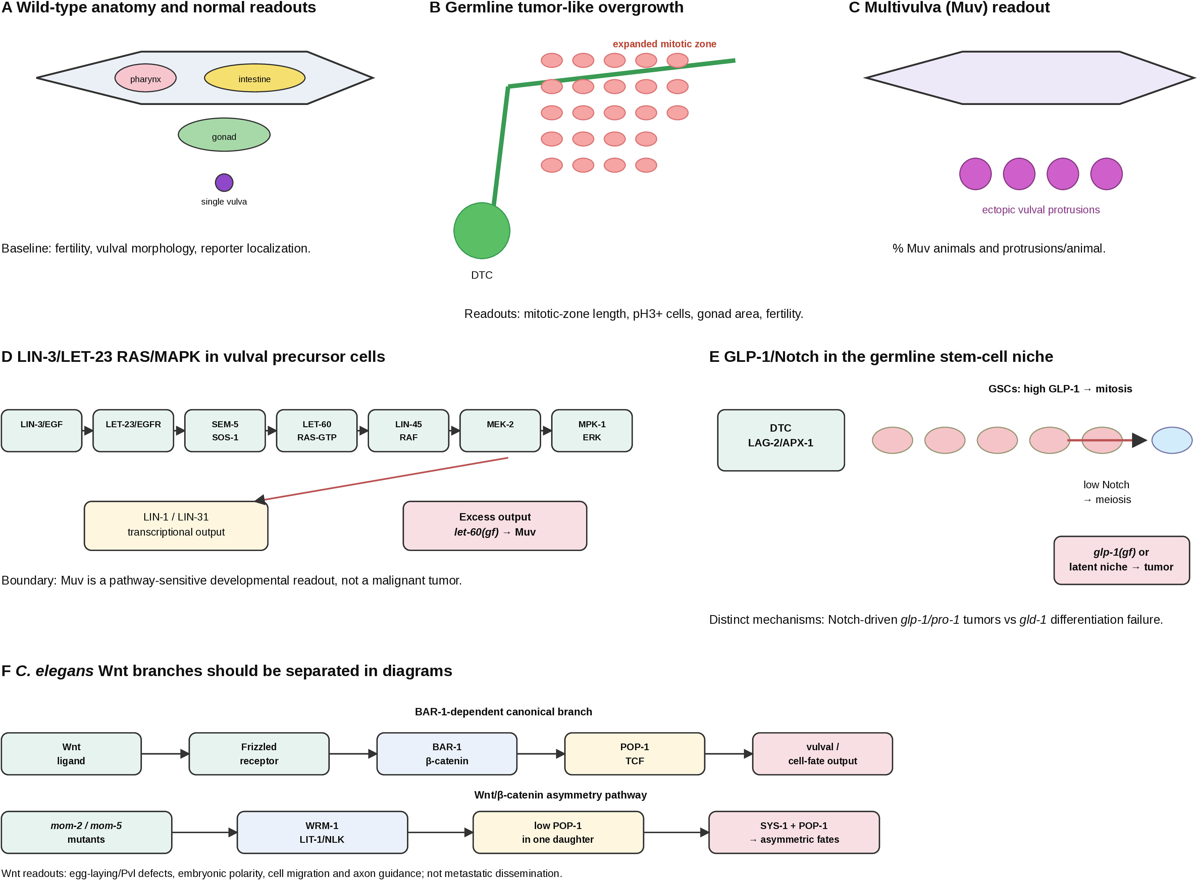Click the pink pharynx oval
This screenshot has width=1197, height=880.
(146, 78)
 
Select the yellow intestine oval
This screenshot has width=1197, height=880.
(255, 78)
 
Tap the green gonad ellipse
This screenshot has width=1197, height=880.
(224, 135)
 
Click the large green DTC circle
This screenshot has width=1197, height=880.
(482, 231)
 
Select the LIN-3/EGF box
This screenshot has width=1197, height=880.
(42, 430)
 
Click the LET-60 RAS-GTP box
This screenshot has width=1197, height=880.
(317, 430)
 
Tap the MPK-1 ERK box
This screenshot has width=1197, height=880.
(591, 430)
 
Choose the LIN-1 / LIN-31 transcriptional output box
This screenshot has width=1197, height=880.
(176, 525)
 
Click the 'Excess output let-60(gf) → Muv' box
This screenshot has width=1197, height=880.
(495, 525)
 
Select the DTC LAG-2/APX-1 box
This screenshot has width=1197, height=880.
(781, 440)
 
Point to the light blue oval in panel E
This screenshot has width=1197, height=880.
(1172, 440)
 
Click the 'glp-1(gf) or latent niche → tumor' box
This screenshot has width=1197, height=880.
(1121, 560)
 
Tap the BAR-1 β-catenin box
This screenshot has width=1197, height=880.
(447, 753)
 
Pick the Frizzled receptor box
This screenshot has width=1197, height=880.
(259, 753)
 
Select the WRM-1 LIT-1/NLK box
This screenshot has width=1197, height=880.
(322, 832)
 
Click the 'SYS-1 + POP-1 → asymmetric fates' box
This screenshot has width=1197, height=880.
(793, 832)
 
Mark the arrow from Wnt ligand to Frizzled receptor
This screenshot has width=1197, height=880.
(165, 753)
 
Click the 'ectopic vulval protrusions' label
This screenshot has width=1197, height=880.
(1040, 210)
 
